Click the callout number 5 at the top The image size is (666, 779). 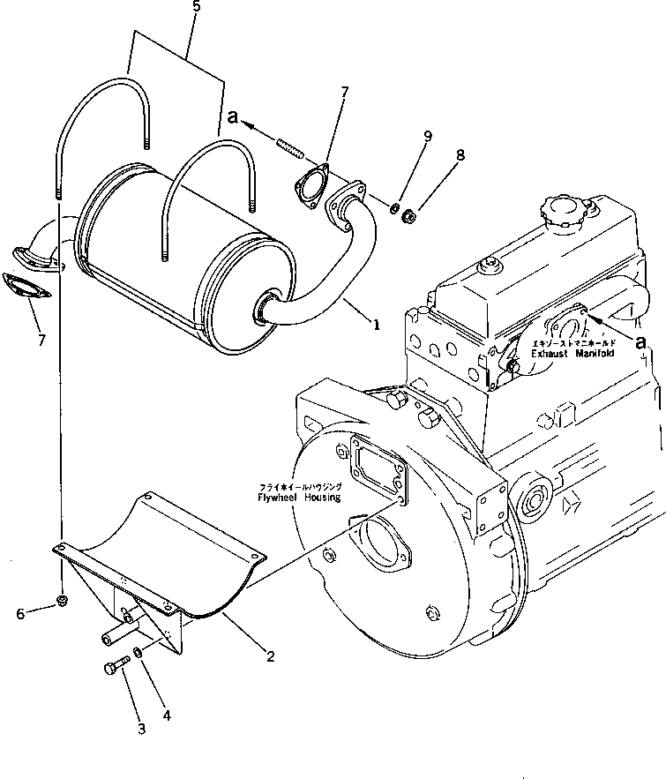click(196, 7)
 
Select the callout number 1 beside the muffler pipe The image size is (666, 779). click(377, 326)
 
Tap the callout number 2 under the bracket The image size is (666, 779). click(270, 656)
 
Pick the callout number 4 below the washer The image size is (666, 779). click(166, 715)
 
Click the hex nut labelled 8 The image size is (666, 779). click(408, 213)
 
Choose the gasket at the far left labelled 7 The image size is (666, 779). click(25, 288)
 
